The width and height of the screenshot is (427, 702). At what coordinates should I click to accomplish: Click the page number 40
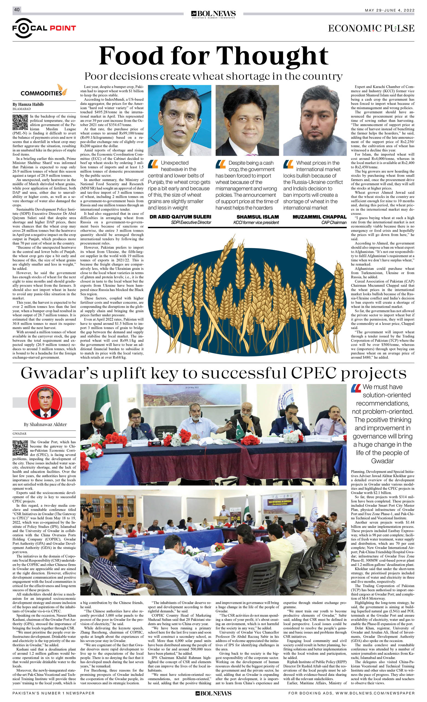click(17, 10)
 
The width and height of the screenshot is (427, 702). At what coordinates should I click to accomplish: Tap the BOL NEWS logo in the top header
click(213, 14)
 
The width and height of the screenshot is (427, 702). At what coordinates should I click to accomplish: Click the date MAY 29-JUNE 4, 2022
click(389, 10)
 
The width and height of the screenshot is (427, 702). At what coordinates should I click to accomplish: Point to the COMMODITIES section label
click(41, 93)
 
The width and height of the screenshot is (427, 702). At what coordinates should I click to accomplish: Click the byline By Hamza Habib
click(28, 104)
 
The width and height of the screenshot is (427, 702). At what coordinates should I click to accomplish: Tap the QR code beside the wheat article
click(20, 123)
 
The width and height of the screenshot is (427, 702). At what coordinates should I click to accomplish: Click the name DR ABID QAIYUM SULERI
click(180, 217)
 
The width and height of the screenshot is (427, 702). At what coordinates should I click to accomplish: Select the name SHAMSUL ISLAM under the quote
click(257, 217)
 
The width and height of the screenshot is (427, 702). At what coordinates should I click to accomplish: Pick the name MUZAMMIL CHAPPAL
click(319, 217)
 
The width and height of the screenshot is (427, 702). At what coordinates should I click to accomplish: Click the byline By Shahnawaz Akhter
click(45, 424)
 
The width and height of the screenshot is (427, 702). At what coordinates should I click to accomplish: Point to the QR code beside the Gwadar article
click(20, 448)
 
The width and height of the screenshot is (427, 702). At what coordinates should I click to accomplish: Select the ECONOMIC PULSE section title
click(371, 28)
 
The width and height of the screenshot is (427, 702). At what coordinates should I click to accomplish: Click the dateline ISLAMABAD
click(22, 109)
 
